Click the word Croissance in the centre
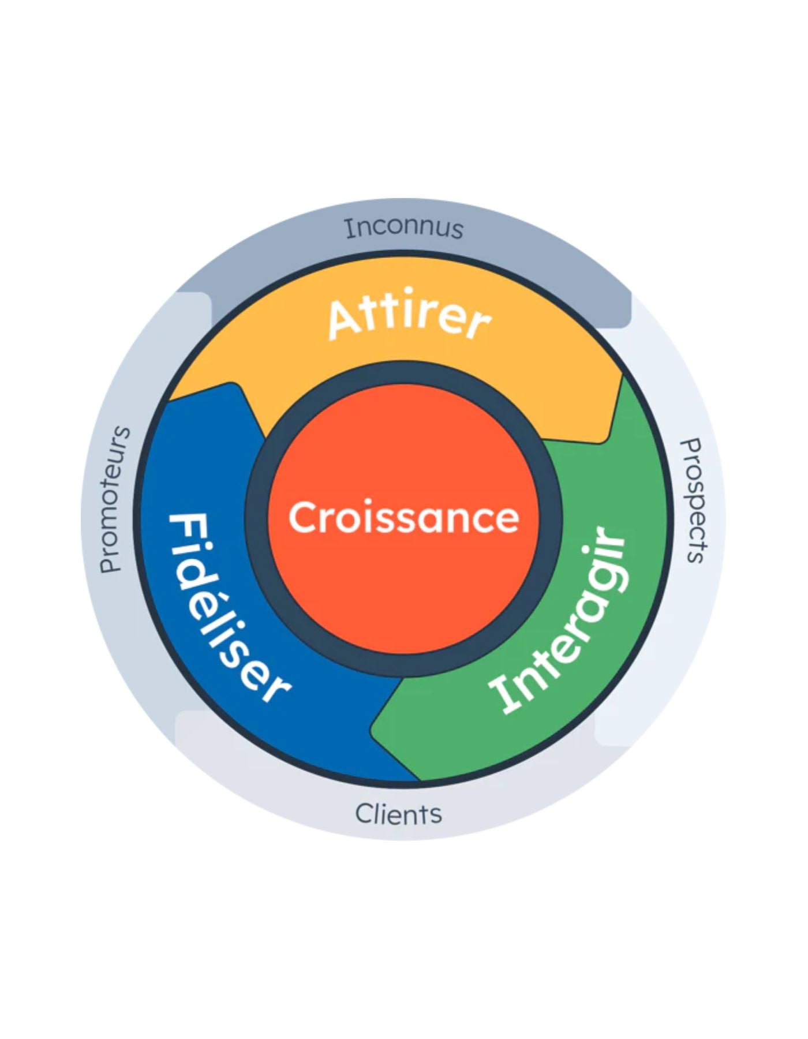click(x=403, y=517)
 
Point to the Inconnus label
click(x=404, y=229)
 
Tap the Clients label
click(x=398, y=814)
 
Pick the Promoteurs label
click(x=115, y=500)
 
